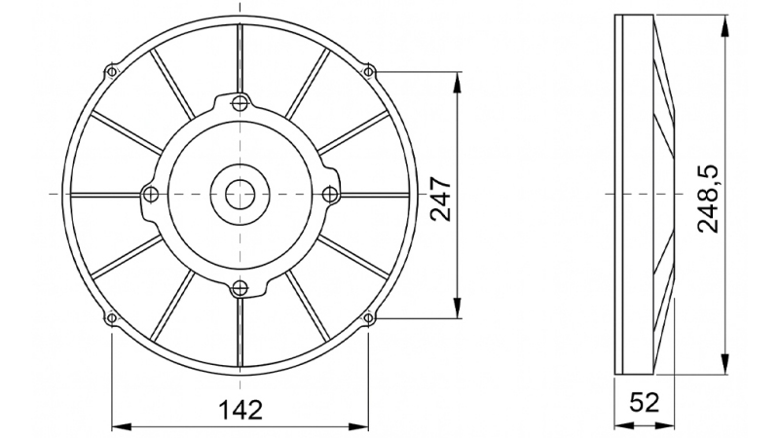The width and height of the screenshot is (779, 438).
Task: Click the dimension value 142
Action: tap(240, 409)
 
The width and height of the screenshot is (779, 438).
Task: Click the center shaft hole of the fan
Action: tap(239, 194)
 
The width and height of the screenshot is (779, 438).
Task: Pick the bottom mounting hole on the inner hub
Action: tap(239, 287)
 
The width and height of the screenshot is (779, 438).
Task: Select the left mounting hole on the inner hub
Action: tap(149, 194)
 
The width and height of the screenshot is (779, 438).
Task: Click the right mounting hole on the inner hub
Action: tap(329, 194)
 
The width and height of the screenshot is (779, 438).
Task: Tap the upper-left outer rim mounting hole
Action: tap(111, 72)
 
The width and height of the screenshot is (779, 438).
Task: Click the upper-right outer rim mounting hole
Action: tap(368, 71)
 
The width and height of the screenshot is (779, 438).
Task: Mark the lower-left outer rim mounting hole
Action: tap(111, 317)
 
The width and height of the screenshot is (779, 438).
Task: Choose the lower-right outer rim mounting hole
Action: tap(368, 317)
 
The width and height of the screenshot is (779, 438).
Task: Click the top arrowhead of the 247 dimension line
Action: tap(457, 78)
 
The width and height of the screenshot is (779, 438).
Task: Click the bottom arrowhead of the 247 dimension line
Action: tap(457, 310)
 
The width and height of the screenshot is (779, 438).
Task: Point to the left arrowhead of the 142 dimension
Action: tap(117, 425)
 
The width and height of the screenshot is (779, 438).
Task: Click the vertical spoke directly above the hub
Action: tap(239, 54)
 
